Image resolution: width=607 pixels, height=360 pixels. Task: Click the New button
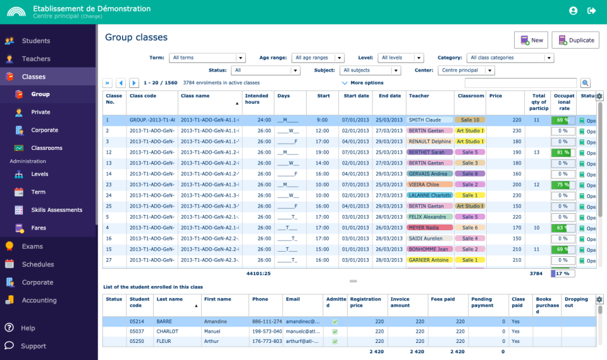(531, 40)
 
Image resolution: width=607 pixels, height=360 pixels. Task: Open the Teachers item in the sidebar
(35, 59)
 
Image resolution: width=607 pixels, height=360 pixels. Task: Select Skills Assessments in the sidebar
(56, 210)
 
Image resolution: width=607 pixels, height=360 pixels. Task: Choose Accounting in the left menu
(39, 301)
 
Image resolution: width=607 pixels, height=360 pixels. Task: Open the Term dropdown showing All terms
(207, 58)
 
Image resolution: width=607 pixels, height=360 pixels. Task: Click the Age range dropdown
(318, 58)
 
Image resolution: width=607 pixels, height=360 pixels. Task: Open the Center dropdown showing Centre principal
(467, 70)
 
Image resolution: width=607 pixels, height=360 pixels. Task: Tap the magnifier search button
(586, 83)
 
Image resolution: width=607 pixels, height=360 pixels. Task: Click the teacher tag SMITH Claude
(429, 120)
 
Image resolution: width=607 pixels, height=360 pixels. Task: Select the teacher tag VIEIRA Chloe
(429, 185)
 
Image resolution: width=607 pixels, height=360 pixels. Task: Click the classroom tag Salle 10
(470, 120)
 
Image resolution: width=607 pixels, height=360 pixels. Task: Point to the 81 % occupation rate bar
(561, 152)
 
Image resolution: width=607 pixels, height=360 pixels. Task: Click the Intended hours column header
(257, 99)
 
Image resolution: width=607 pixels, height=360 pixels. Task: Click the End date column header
(389, 96)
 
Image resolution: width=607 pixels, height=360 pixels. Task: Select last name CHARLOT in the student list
(168, 332)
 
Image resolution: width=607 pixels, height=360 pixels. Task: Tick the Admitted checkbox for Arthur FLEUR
(334, 342)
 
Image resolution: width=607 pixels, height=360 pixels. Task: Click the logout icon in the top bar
(592, 11)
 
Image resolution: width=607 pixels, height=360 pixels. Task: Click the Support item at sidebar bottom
(33, 346)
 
